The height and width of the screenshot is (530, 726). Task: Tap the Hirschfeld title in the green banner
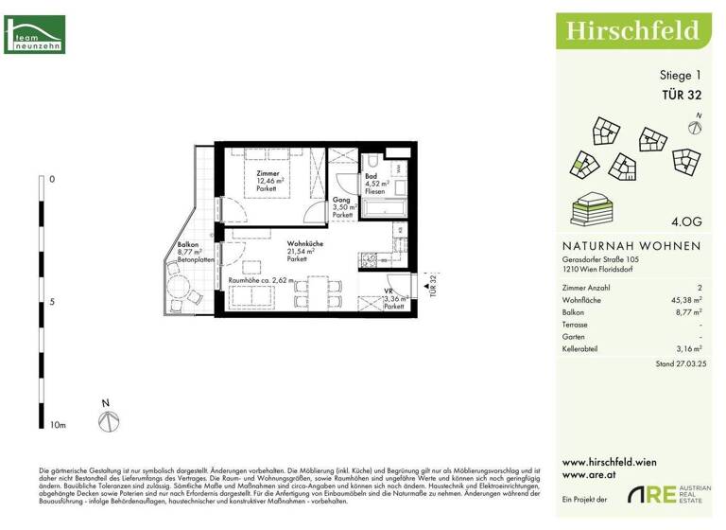point(632,31)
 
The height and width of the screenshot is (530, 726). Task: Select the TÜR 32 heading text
point(680,94)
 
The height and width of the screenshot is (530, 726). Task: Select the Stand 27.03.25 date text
point(678,363)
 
